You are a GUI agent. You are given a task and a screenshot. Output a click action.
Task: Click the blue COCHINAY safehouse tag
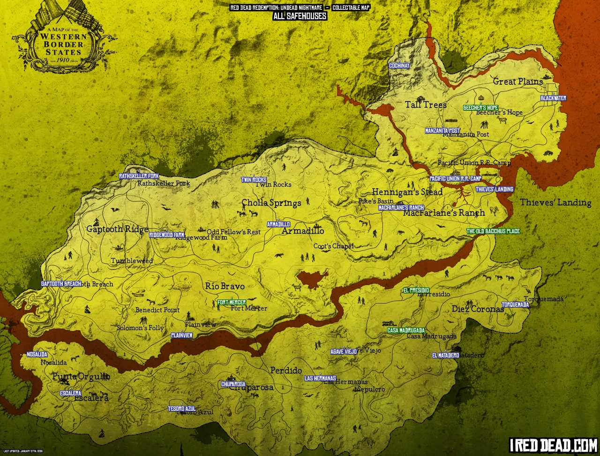click(399, 66)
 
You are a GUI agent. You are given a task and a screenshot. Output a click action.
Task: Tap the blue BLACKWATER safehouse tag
click(553, 99)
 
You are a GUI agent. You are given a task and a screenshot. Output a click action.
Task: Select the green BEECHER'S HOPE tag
click(480, 108)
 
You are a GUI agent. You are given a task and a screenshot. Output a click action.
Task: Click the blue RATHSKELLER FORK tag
click(136, 176)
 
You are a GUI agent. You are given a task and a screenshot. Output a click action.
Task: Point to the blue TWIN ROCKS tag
click(254, 180)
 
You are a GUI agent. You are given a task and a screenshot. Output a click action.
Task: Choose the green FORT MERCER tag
click(232, 303)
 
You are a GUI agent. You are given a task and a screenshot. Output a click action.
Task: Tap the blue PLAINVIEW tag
click(182, 335)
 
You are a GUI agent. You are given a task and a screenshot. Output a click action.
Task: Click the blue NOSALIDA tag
click(37, 355)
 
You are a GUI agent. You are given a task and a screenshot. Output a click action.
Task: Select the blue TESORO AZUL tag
click(182, 409)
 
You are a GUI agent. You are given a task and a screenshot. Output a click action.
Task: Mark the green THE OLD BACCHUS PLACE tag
click(493, 231)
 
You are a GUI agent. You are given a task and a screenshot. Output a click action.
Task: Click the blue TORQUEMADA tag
click(515, 305)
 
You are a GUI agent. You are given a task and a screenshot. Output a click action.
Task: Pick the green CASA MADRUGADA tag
click(406, 331)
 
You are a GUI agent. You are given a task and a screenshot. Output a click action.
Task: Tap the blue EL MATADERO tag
click(445, 356)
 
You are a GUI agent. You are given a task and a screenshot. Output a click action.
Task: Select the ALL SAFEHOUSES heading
click(300, 16)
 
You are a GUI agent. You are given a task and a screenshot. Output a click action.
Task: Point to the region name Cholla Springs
click(271, 203)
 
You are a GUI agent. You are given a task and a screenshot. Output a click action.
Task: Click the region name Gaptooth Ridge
click(117, 229)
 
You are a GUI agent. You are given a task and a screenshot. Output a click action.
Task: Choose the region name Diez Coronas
click(478, 309)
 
